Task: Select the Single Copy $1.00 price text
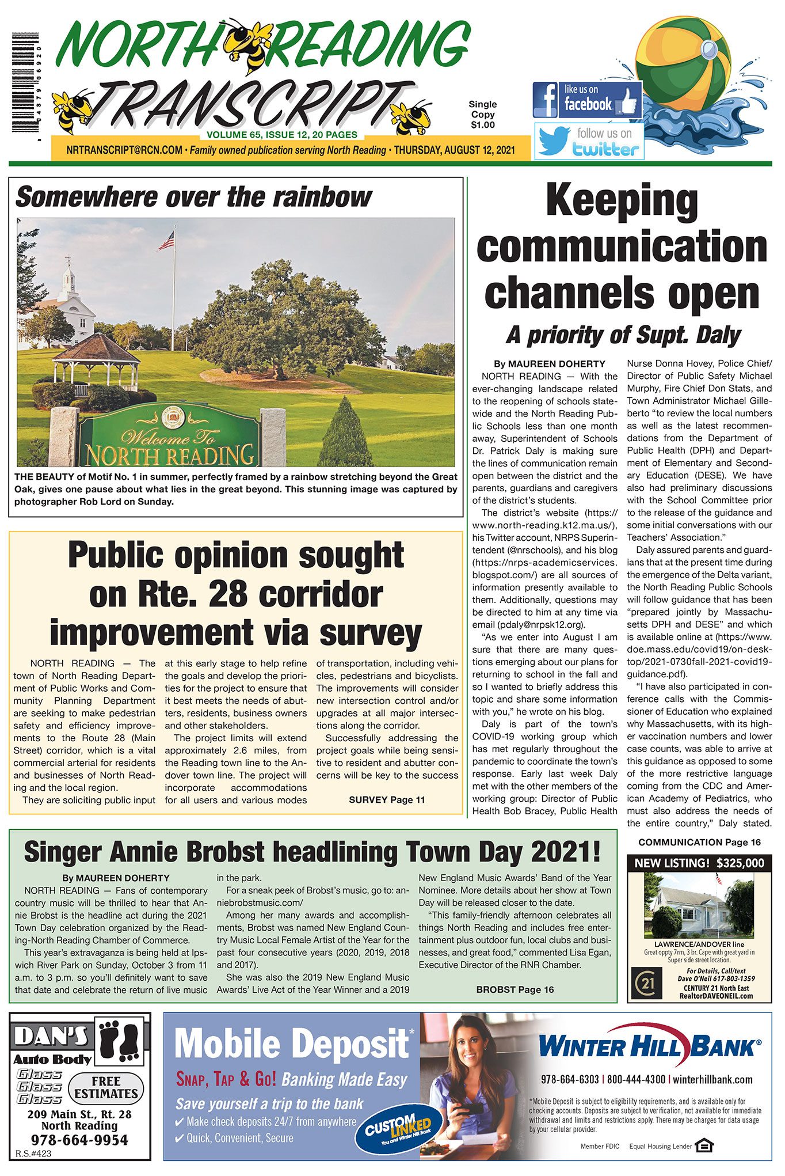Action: [x=482, y=114]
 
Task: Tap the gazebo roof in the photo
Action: [x=96, y=348]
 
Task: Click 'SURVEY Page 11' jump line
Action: [x=387, y=799]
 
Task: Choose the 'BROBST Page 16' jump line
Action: [x=515, y=989]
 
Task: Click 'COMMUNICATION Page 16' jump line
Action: [x=699, y=842]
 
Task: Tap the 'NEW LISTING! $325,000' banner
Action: [x=699, y=863]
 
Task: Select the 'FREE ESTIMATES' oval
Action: [x=106, y=1087]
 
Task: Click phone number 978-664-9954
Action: [x=79, y=1140]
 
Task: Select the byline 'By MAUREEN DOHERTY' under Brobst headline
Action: [x=116, y=878]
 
